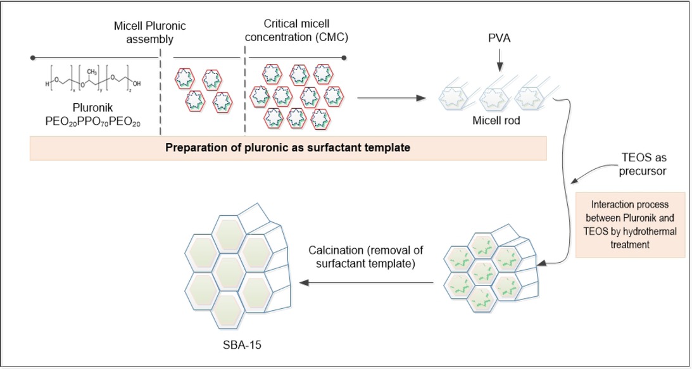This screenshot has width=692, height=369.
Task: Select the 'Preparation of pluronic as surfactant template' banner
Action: pos(288,148)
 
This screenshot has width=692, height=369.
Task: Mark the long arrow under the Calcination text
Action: pos(367,282)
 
